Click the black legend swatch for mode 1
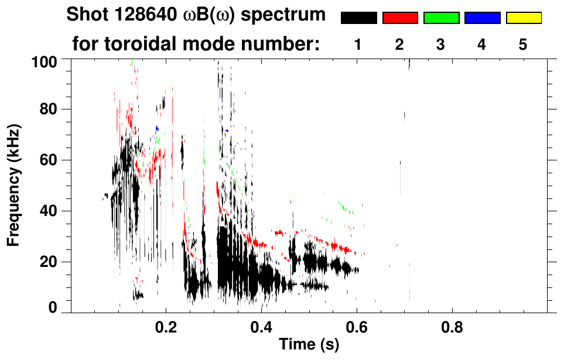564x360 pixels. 358,18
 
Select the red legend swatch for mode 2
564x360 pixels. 400,18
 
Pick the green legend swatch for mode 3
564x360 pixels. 441,18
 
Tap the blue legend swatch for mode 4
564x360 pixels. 482,18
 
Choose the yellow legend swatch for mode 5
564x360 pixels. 524,18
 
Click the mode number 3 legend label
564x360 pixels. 441,44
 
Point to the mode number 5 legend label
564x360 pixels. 524,44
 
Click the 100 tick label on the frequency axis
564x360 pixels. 44,61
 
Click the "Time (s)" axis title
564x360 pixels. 308,345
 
